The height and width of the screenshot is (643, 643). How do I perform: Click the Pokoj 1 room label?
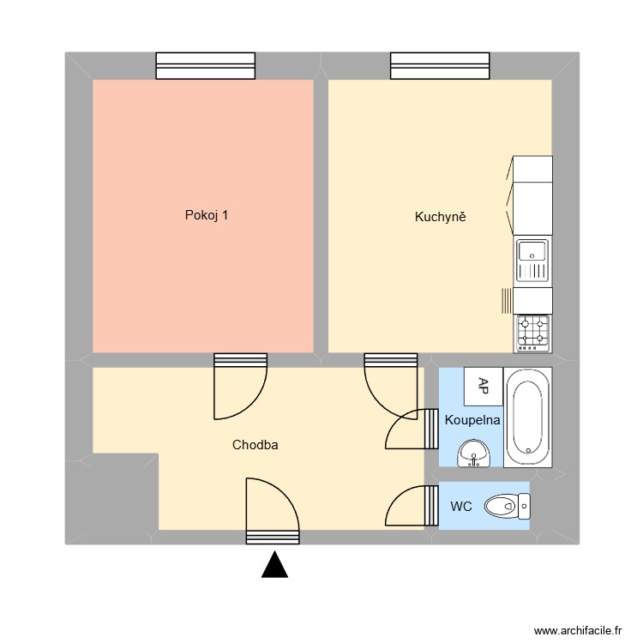207,216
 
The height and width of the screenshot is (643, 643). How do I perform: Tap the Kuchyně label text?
440,217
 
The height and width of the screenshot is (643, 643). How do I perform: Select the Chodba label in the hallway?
255,445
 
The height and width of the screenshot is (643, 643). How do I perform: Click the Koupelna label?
472,420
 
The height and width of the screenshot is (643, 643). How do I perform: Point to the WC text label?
461,507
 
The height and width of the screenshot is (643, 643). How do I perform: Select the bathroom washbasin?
473,454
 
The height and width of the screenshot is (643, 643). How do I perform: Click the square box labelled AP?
483,386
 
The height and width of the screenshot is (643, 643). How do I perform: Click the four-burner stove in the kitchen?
532,333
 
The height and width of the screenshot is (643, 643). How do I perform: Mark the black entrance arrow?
273,565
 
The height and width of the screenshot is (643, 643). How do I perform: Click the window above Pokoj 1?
205,66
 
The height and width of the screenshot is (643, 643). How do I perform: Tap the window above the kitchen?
440,66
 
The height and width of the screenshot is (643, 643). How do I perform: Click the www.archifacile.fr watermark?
577,630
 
